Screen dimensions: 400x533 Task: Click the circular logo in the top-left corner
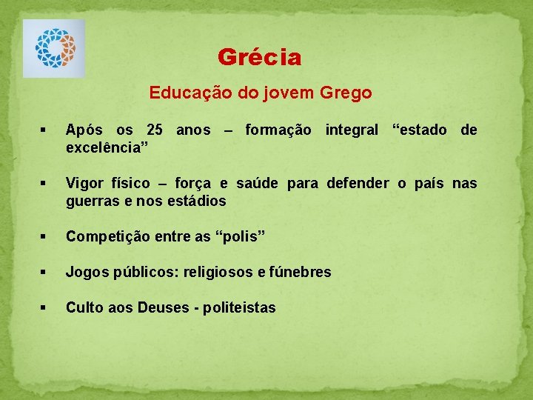point(55,49)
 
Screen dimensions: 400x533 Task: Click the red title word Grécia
point(260,57)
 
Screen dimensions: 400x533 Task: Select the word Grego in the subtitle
point(346,93)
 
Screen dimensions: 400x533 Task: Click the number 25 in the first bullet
point(155,130)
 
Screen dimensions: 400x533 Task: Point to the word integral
point(352,130)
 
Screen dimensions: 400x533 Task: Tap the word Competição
point(108,236)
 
